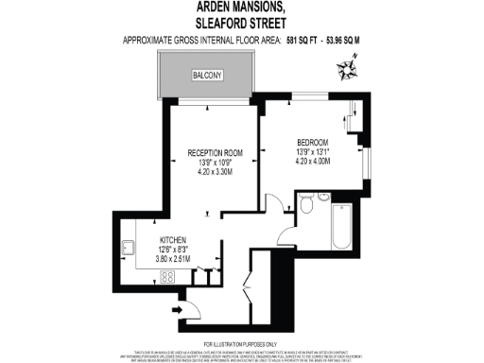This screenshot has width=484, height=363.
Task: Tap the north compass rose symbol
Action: pos(347,65)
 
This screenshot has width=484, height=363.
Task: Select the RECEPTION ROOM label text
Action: pos(216,152)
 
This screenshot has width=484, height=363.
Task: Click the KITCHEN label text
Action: pos(172,239)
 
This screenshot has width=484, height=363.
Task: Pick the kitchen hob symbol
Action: pos(169,277)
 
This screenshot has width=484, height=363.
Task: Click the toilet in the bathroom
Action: pos(305,205)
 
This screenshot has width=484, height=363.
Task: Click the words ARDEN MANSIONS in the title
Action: pos(241,9)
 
